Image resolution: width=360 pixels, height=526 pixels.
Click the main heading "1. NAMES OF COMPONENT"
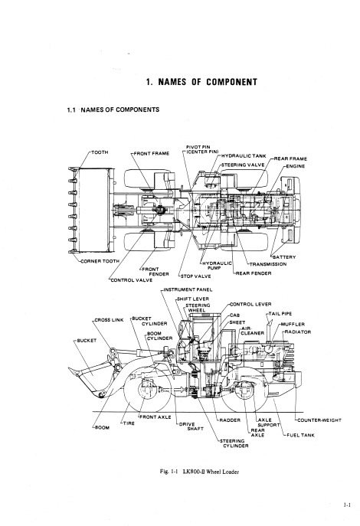point(201,82)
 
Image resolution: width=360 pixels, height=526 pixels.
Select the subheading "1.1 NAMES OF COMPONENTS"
point(113,109)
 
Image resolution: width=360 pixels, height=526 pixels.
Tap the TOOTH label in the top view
point(100,152)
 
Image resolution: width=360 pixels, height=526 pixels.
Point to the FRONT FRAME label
point(152,154)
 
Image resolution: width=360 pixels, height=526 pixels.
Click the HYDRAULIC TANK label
point(244,156)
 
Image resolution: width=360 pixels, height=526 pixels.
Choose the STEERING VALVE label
point(243,165)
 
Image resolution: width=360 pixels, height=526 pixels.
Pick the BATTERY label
point(284,257)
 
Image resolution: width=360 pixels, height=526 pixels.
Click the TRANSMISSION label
point(268,264)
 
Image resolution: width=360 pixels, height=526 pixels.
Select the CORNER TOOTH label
point(100,261)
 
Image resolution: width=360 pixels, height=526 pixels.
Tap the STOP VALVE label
point(196,276)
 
